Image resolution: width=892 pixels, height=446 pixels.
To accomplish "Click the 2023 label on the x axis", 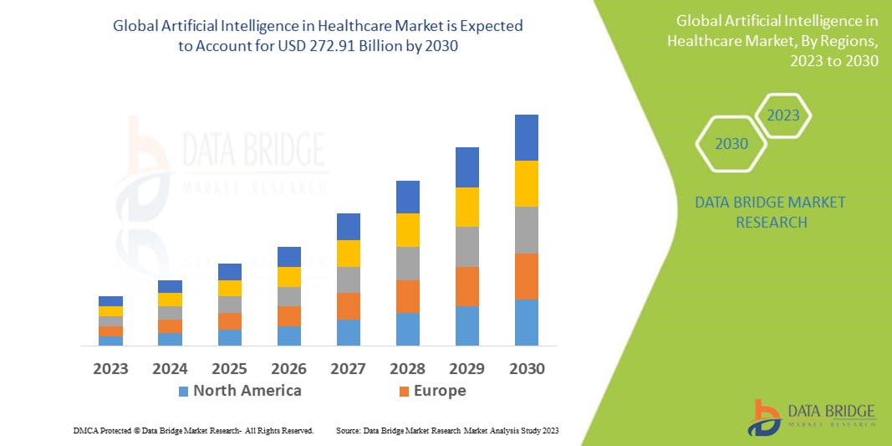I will (110, 368).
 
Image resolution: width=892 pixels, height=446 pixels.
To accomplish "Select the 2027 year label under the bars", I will (349, 368).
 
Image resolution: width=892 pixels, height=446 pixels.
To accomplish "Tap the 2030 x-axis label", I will (527, 368).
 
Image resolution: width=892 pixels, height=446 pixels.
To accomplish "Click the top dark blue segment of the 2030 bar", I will (527, 137).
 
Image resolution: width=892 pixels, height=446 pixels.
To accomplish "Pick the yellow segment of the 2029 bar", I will (467, 207).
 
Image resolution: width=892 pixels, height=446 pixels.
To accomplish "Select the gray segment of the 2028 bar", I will (408, 263).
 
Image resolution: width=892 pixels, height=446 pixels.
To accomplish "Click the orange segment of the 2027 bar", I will (349, 305).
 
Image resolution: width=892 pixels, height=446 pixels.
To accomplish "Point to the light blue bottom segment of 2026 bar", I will (289, 336).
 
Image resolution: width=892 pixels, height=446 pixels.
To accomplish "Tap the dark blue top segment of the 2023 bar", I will (110, 301).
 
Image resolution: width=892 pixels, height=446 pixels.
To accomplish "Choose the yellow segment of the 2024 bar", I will (170, 300).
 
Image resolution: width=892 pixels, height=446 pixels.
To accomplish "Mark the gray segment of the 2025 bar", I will (230, 305).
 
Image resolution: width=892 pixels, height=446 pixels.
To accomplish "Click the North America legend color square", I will (184, 391).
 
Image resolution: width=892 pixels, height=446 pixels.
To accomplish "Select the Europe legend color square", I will (405, 391).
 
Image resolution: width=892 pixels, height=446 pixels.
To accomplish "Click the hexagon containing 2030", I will (731, 144).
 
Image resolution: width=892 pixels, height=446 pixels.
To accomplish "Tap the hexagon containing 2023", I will (782, 115).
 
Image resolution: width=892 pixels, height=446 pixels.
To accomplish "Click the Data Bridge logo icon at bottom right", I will (767, 416).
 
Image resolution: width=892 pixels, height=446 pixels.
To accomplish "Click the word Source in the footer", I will (348, 430).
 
